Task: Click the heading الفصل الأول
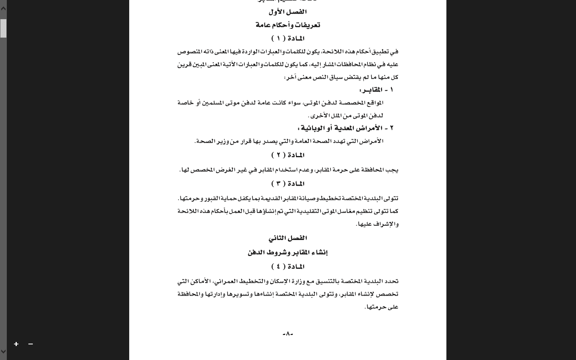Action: coord(288,12)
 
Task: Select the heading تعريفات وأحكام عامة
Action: coord(288,25)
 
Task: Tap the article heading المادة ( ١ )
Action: coord(288,38)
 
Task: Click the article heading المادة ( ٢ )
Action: coord(288,155)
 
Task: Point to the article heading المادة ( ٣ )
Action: coord(288,184)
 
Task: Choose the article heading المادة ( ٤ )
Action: coord(288,267)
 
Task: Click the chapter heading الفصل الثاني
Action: coord(288,238)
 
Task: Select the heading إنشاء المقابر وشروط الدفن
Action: coord(288,252)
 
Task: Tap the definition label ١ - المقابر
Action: coord(376,90)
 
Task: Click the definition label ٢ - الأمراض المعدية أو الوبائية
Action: coord(346,128)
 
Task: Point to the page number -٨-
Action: coord(288,334)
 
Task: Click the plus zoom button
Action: coord(16,344)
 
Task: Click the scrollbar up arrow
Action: coord(3,8)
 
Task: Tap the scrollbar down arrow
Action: coord(3,352)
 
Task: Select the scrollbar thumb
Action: coord(3,28)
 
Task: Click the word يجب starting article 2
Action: coord(392,170)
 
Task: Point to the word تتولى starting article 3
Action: coord(391,198)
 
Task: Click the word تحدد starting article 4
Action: coord(392,281)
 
